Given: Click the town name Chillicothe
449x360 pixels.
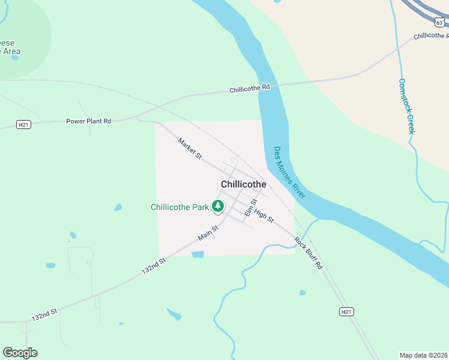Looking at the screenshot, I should pyautogui.click(x=243, y=184).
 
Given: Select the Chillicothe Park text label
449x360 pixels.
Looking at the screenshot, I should pyautogui.click(x=179, y=208).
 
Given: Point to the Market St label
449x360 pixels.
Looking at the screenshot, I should pyautogui.click(x=190, y=149).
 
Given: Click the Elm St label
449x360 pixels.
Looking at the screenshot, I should pyautogui.click(x=250, y=208).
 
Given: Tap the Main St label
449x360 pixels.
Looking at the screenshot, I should pyautogui.click(x=208, y=232).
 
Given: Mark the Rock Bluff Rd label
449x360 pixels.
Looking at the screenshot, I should pyautogui.click(x=309, y=252).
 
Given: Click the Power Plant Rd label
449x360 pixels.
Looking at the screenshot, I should pyautogui.click(x=88, y=121).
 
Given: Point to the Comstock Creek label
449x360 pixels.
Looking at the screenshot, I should pyautogui.click(x=407, y=106).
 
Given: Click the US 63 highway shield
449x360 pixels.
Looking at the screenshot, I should pyautogui.click(x=439, y=22).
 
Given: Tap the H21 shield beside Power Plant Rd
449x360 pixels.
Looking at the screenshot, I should pyautogui.click(x=23, y=125).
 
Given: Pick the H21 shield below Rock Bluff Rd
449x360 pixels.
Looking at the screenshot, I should pyautogui.click(x=346, y=311).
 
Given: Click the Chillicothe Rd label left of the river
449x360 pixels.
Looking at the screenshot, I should pyautogui.click(x=250, y=89).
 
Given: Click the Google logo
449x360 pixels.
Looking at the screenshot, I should pyautogui.click(x=20, y=353).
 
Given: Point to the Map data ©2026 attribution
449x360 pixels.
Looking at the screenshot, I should pyautogui.click(x=423, y=355).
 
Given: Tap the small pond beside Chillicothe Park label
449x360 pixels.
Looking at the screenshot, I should pyautogui.click(x=118, y=208).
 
